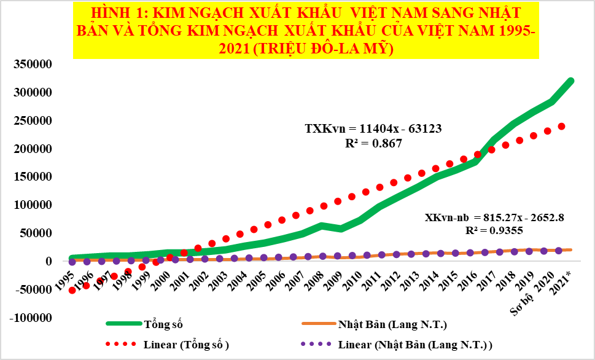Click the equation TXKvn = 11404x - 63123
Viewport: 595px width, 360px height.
374,129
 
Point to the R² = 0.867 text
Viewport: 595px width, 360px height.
374,143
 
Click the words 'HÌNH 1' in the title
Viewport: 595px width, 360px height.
111,12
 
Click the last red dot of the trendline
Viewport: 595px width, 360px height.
561,127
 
